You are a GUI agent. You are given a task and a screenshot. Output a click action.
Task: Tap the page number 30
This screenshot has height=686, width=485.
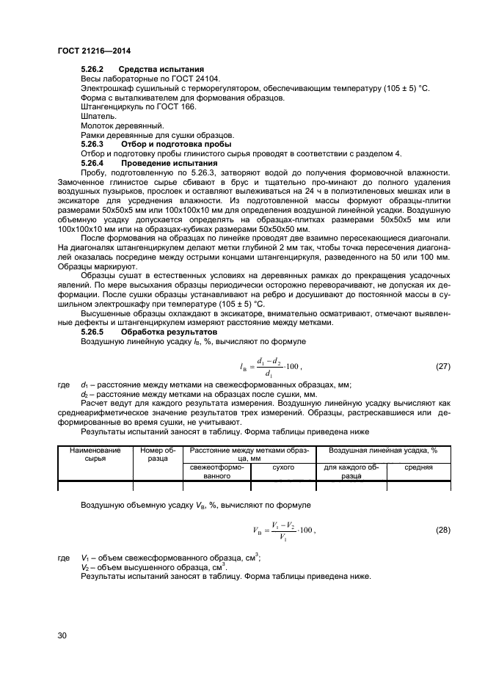pos(62,635)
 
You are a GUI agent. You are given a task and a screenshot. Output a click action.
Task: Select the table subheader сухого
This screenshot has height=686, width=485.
pos(282,467)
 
